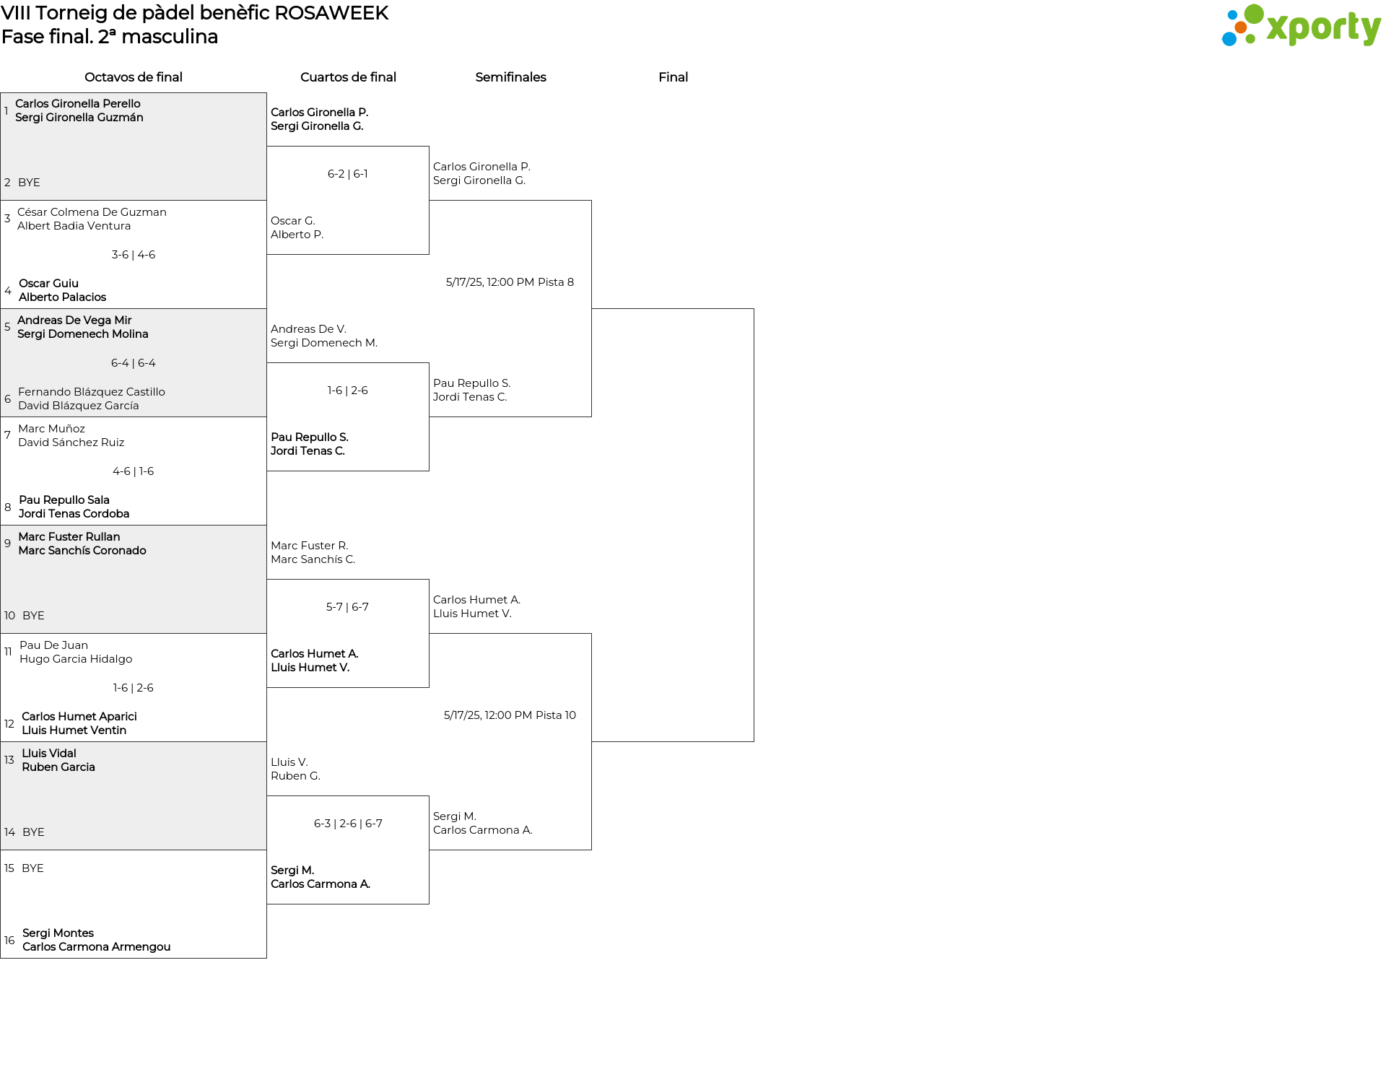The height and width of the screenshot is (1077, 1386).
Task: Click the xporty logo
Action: click(x=1301, y=26)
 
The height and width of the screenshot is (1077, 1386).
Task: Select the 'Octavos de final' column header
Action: click(x=134, y=77)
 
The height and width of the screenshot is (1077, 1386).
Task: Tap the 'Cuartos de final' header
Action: click(x=348, y=77)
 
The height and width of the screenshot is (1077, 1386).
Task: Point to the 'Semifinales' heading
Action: click(x=510, y=77)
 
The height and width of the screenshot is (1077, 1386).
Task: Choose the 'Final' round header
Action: click(x=673, y=77)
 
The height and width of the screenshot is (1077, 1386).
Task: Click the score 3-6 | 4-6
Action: click(x=134, y=255)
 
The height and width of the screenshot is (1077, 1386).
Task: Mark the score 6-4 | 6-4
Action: click(x=134, y=363)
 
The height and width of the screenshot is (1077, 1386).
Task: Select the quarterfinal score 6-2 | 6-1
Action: click(x=348, y=174)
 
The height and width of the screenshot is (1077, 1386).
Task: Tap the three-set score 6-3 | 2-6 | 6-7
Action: click(x=348, y=824)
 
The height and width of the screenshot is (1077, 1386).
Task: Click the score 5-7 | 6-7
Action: click(x=347, y=607)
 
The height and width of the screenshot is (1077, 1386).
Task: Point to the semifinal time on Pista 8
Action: click(x=510, y=282)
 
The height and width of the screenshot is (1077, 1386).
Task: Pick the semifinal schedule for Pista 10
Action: click(x=510, y=715)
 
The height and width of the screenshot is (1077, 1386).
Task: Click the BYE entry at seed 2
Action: click(x=29, y=183)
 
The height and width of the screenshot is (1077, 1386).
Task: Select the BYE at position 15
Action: click(x=32, y=868)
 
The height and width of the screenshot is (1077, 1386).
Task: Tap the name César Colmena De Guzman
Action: click(x=92, y=212)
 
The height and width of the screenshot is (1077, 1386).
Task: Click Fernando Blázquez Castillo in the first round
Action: click(x=92, y=392)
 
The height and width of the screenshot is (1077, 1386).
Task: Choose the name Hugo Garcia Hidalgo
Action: click(x=76, y=659)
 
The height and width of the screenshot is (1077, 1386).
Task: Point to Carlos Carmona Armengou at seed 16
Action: click(x=97, y=947)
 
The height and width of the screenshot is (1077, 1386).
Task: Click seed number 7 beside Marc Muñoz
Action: click(x=7, y=435)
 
